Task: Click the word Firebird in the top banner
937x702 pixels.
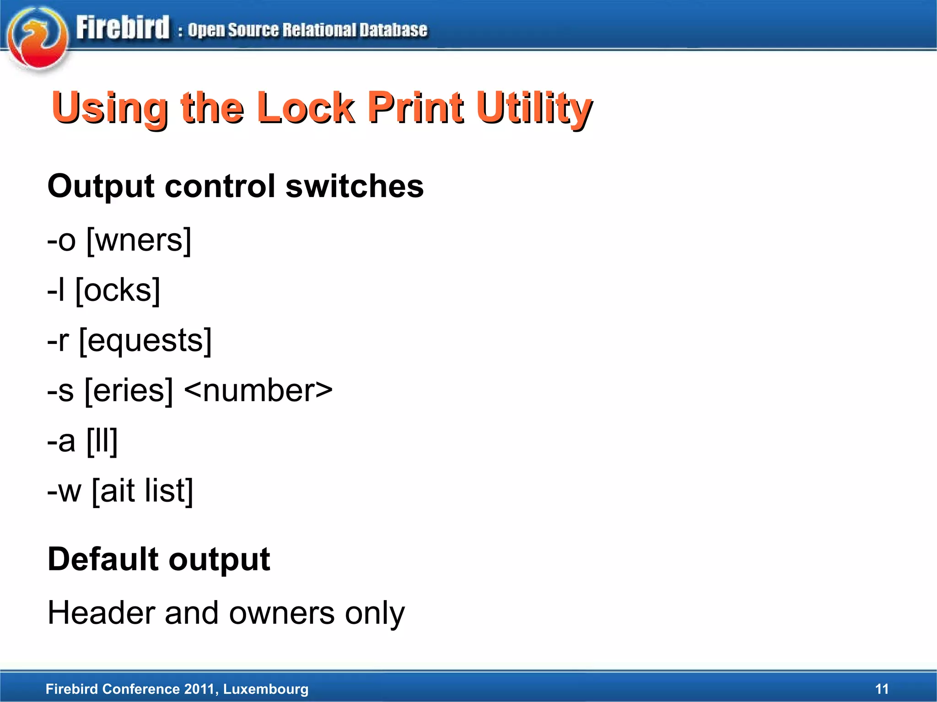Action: [123, 28]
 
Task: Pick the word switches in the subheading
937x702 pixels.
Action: [355, 187]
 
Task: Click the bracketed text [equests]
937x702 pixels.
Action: [145, 341]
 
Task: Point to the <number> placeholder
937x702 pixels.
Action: [258, 391]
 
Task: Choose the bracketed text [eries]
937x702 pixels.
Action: [129, 391]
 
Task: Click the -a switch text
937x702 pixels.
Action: [61, 441]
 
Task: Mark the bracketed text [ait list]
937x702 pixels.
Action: [142, 491]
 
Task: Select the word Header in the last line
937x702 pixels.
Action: [101, 613]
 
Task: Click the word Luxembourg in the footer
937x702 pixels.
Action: [266, 689]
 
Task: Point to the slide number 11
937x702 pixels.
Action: [882, 689]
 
